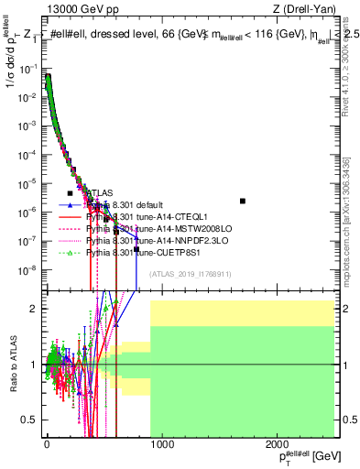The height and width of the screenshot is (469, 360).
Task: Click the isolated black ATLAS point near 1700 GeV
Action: click(x=243, y=201)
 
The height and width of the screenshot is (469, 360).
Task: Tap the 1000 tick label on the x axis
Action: click(x=161, y=444)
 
